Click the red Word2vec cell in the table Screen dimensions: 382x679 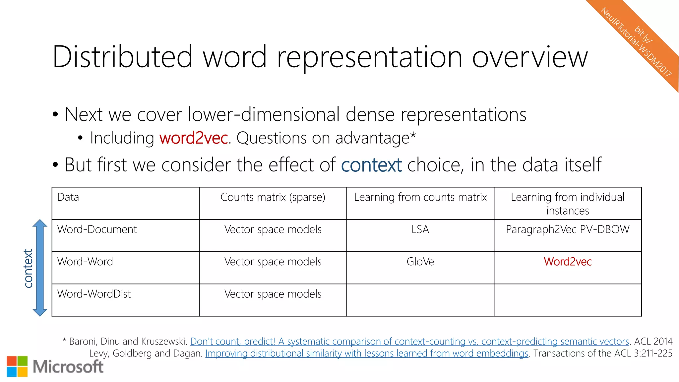pos(568,262)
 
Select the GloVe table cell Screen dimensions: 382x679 pos(420,262)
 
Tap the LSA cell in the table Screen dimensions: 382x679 pos(420,229)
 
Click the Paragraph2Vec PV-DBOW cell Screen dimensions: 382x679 pos(568,229)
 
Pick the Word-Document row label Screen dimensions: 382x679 pos(97,229)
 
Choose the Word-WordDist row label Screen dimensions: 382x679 pos(94,294)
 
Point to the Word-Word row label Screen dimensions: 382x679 pos(85,262)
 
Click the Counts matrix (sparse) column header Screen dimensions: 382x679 pos(273,197)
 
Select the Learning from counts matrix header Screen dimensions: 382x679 pos(420,197)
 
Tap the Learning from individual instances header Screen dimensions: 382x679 pos(568,204)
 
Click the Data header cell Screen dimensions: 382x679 pos(68,197)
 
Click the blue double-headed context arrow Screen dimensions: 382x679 pos(40,268)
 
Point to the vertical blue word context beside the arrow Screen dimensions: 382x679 pos(29,268)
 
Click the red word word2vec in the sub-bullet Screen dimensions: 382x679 pos(194,138)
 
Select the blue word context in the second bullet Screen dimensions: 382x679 pos(371,165)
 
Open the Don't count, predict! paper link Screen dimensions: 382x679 pos(409,341)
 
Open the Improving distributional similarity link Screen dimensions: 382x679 pos(367,353)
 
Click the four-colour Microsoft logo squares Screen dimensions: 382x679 pos(17,366)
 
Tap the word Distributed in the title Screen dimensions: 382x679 pos(122,57)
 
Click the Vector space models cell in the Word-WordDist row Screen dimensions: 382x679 pos(273,294)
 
